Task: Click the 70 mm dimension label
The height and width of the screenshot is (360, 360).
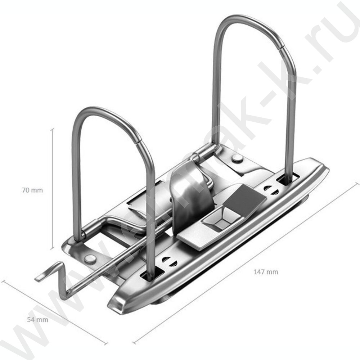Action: tap(32, 190)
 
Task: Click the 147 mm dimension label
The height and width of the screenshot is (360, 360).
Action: tap(266, 272)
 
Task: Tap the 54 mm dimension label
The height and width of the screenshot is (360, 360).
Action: tap(37, 320)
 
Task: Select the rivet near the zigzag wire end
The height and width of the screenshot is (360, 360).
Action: tap(90, 259)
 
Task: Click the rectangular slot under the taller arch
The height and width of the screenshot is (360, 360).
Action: tap(288, 179)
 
